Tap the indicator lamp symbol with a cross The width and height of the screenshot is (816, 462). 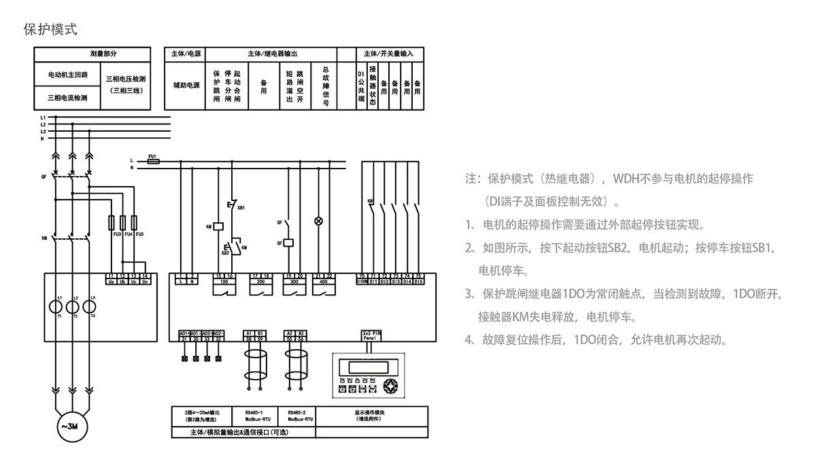coord(317,221)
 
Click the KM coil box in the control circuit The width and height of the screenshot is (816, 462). coord(219,226)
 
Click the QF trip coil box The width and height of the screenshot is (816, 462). coord(288,242)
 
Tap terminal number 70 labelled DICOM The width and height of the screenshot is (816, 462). coord(362,279)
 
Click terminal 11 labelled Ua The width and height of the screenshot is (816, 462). coord(110,279)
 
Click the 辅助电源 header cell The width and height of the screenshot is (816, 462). coord(186,86)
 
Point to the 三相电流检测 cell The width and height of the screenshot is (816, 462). coord(67,97)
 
